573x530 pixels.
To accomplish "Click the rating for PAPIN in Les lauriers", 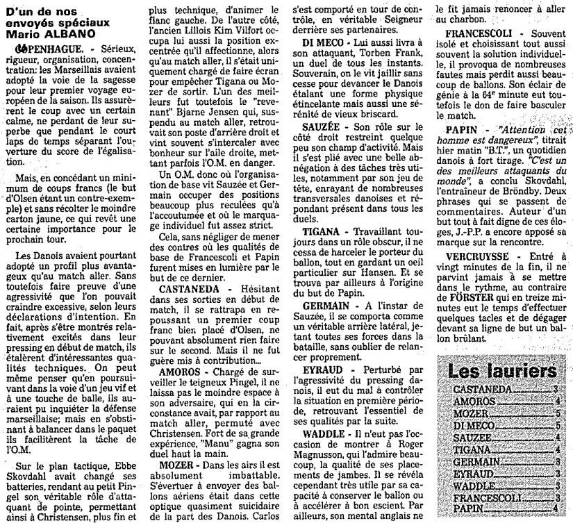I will click(x=556, y=509).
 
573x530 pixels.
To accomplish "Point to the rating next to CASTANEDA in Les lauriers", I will click(x=556, y=390).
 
